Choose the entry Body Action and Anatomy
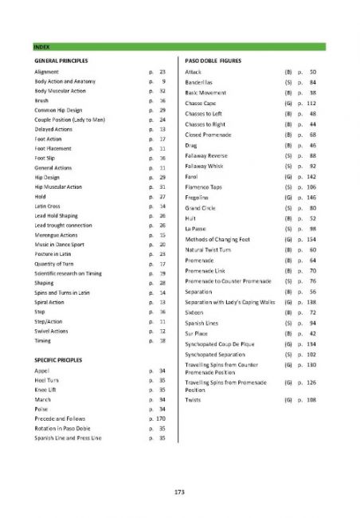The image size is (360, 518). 64,82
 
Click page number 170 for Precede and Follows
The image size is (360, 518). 160,418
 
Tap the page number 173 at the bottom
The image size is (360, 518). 180,493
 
